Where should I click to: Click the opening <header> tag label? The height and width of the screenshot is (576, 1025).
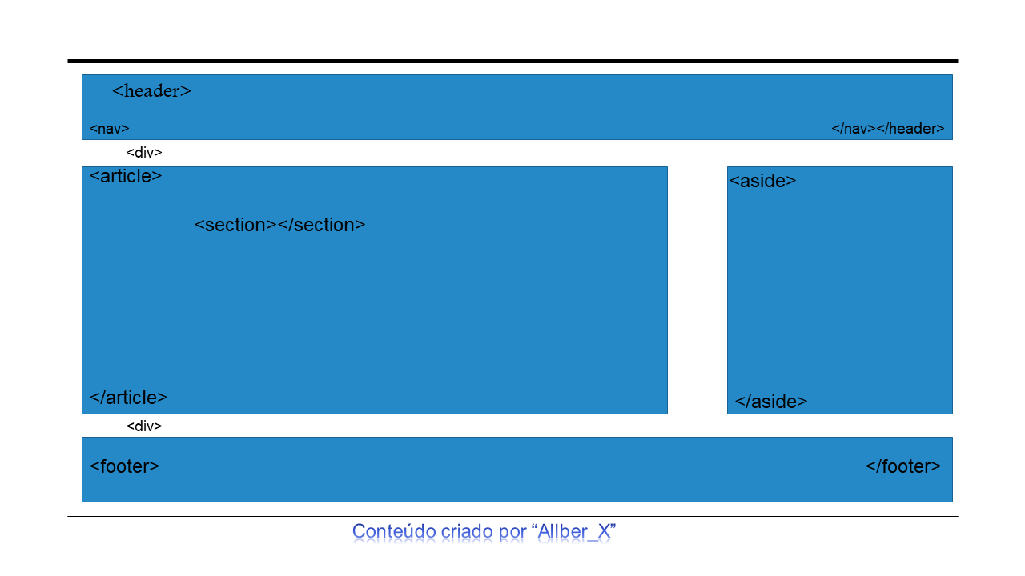tap(151, 91)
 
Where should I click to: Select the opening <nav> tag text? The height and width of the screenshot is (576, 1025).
tap(110, 129)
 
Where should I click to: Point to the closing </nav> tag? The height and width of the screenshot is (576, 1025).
tap(854, 129)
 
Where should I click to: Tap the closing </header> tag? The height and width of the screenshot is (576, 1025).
tap(910, 129)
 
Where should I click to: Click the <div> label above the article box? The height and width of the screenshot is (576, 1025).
tap(144, 153)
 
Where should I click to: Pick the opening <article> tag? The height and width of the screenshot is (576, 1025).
tap(126, 177)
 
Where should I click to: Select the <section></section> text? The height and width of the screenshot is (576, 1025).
tap(280, 225)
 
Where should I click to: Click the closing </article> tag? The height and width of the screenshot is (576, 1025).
tap(129, 398)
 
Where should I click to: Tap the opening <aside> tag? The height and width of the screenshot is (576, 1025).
tap(763, 181)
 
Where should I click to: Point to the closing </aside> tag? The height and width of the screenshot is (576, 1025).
tap(771, 402)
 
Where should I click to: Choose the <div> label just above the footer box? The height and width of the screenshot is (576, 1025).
tap(144, 426)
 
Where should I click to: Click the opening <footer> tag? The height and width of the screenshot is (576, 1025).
tap(124, 466)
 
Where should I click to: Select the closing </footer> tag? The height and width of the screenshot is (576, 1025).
tap(903, 466)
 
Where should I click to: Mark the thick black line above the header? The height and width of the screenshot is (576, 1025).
tap(512, 62)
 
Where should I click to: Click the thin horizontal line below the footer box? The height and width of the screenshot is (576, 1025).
tap(512, 517)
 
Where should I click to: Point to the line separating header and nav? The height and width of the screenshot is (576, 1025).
tap(517, 118)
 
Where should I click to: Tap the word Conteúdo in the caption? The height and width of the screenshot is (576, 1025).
tap(394, 532)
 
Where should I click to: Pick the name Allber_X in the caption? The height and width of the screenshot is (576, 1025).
tap(574, 532)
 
